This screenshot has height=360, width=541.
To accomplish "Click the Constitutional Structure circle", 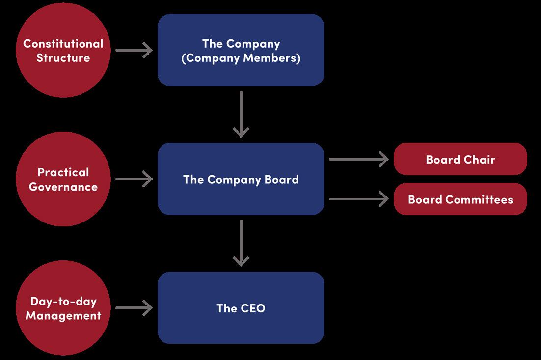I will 63,50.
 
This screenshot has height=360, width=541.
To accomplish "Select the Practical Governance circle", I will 63,179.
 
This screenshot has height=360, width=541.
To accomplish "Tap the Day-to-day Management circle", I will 63,308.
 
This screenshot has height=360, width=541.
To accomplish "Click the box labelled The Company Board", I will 241,179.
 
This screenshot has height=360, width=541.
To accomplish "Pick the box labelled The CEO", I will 241,308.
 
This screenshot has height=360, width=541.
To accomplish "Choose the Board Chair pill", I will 460,159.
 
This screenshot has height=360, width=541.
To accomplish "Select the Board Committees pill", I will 460,199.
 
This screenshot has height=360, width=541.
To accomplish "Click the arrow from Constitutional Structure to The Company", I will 134,50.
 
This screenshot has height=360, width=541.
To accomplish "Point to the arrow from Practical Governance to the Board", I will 134,179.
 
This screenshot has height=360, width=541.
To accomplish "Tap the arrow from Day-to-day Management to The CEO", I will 134,308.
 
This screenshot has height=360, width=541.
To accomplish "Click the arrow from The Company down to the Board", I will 241,114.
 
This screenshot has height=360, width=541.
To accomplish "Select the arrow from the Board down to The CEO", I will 241,243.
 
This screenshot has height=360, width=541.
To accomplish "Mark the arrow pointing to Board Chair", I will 358,159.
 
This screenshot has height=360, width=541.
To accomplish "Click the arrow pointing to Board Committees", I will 358,199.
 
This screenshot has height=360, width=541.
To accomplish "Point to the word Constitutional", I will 63,43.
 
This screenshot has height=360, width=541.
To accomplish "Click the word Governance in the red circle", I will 63,187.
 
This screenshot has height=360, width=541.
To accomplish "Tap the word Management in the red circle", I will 63,315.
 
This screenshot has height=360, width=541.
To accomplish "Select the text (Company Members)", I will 241,58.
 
